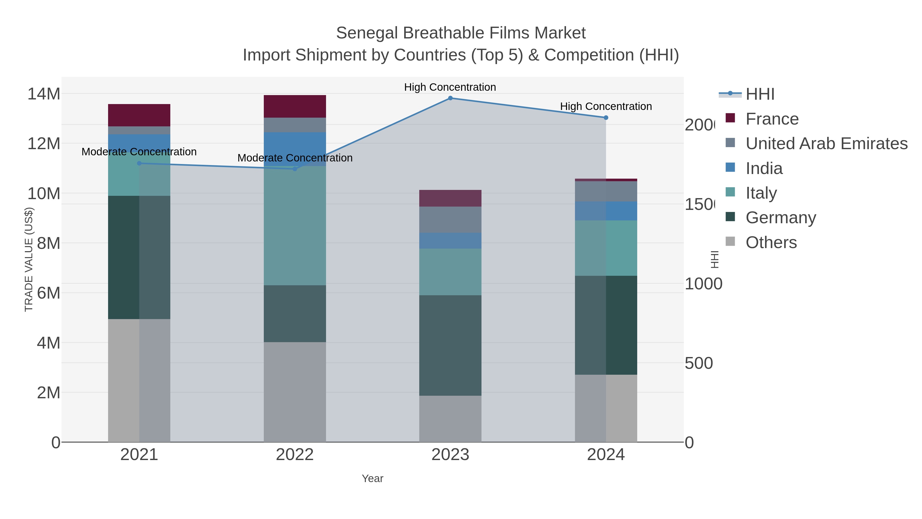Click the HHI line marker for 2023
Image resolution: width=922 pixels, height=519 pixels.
pos(450,98)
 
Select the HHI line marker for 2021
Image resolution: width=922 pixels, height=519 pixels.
pos(139,163)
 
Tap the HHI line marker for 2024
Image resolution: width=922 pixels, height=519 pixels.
pos(606,117)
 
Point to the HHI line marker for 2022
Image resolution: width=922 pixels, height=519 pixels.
pos(295,169)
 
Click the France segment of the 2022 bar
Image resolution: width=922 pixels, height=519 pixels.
pos(295,106)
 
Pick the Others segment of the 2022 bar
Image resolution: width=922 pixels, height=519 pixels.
pos(295,392)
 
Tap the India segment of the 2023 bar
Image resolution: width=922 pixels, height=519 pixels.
pos(450,241)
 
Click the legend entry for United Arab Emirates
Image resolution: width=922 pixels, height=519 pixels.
pos(826,144)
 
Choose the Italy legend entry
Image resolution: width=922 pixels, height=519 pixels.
pos(761,193)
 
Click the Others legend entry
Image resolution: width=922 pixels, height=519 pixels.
pos(771,242)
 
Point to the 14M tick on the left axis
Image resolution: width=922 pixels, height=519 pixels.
pos(44,94)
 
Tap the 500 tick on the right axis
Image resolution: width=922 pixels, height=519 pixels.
pos(698,363)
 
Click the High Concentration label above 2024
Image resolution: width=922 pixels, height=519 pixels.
pos(606,106)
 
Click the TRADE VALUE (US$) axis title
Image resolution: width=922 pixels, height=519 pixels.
pos(29,259)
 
